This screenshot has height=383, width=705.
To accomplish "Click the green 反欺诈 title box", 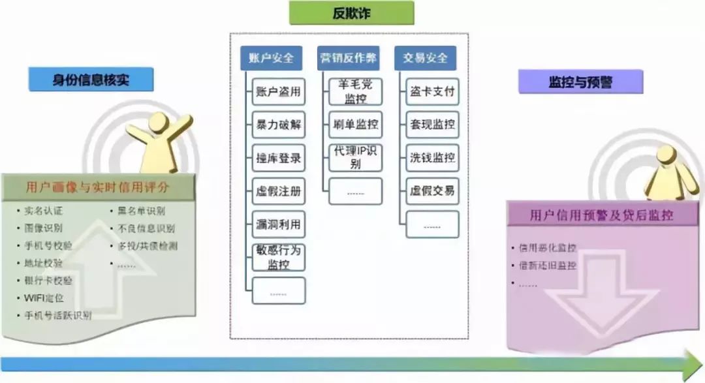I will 352,13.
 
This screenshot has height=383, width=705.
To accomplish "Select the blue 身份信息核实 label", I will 91,80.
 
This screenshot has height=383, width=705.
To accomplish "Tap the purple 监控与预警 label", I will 580,82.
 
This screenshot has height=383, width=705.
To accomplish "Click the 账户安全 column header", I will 272,58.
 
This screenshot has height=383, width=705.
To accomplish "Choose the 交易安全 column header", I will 426,58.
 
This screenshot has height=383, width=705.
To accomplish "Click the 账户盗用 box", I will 278,92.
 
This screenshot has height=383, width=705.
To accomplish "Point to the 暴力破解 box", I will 278,125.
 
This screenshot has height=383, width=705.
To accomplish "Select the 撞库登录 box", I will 278,159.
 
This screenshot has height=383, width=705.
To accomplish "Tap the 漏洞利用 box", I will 278,224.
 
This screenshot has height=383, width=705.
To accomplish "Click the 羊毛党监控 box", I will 355,92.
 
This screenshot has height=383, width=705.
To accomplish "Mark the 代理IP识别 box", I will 355,158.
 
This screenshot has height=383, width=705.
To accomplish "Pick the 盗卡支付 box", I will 432,92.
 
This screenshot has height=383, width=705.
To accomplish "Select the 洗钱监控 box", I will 432,158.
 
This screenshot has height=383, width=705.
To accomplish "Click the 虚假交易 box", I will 432,191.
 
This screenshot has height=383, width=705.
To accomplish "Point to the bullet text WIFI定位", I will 44,298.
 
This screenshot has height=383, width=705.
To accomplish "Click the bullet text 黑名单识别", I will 142,211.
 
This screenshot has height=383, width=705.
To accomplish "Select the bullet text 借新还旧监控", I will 548,266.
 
